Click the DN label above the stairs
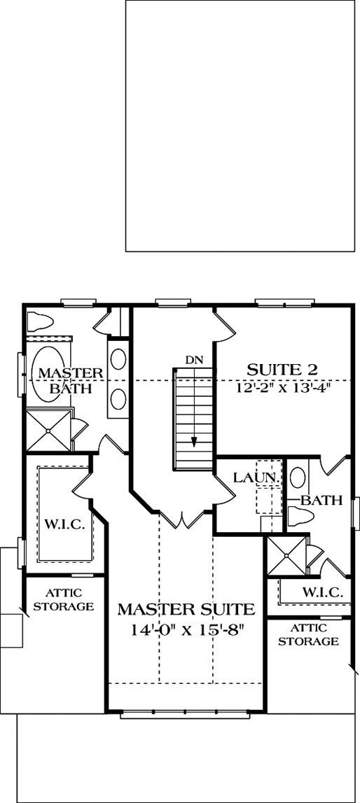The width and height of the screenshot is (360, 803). click(194, 359)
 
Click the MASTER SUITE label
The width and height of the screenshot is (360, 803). click(186, 608)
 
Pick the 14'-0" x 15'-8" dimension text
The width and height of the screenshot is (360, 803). click(186, 629)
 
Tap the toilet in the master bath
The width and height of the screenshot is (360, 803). click(41, 323)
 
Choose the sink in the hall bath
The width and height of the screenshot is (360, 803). click(297, 477)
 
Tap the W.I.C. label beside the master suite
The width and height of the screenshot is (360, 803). click(64, 525)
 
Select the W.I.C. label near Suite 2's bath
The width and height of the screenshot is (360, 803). click(323, 592)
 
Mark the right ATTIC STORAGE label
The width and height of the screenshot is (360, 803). click(315, 634)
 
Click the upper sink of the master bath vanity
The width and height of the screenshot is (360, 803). click(118, 357)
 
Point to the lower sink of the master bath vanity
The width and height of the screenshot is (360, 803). click(118, 399)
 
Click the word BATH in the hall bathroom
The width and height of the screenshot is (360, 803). click(322, 501)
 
